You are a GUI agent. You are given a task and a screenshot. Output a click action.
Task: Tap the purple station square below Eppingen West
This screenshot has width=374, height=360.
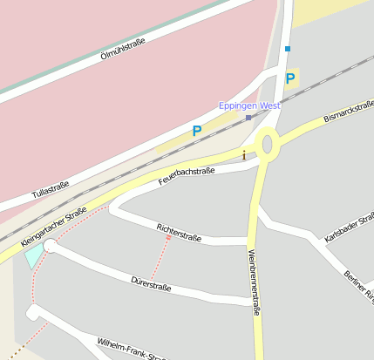[248, 117]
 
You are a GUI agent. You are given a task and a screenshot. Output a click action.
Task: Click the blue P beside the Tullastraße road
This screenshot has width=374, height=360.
[197, 132]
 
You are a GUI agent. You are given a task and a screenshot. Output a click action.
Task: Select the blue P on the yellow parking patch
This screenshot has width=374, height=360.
[290, 78]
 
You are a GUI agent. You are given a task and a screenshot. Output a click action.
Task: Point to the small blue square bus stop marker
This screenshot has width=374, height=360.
[288, 49]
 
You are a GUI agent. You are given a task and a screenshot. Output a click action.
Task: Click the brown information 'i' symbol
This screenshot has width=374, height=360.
[244, 155]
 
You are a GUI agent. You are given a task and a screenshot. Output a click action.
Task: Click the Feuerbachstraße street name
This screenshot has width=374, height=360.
[187, 176]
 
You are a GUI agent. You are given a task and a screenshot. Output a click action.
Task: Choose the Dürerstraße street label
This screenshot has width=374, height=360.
[150, 283]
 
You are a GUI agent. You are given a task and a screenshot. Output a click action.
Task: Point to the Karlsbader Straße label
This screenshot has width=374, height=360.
[349, 225]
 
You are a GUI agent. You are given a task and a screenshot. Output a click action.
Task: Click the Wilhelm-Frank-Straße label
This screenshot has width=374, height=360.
[131, 349]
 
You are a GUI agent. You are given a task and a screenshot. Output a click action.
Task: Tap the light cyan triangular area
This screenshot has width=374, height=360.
[34, 255]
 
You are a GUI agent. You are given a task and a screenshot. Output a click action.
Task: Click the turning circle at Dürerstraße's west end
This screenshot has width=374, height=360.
[51, 247]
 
